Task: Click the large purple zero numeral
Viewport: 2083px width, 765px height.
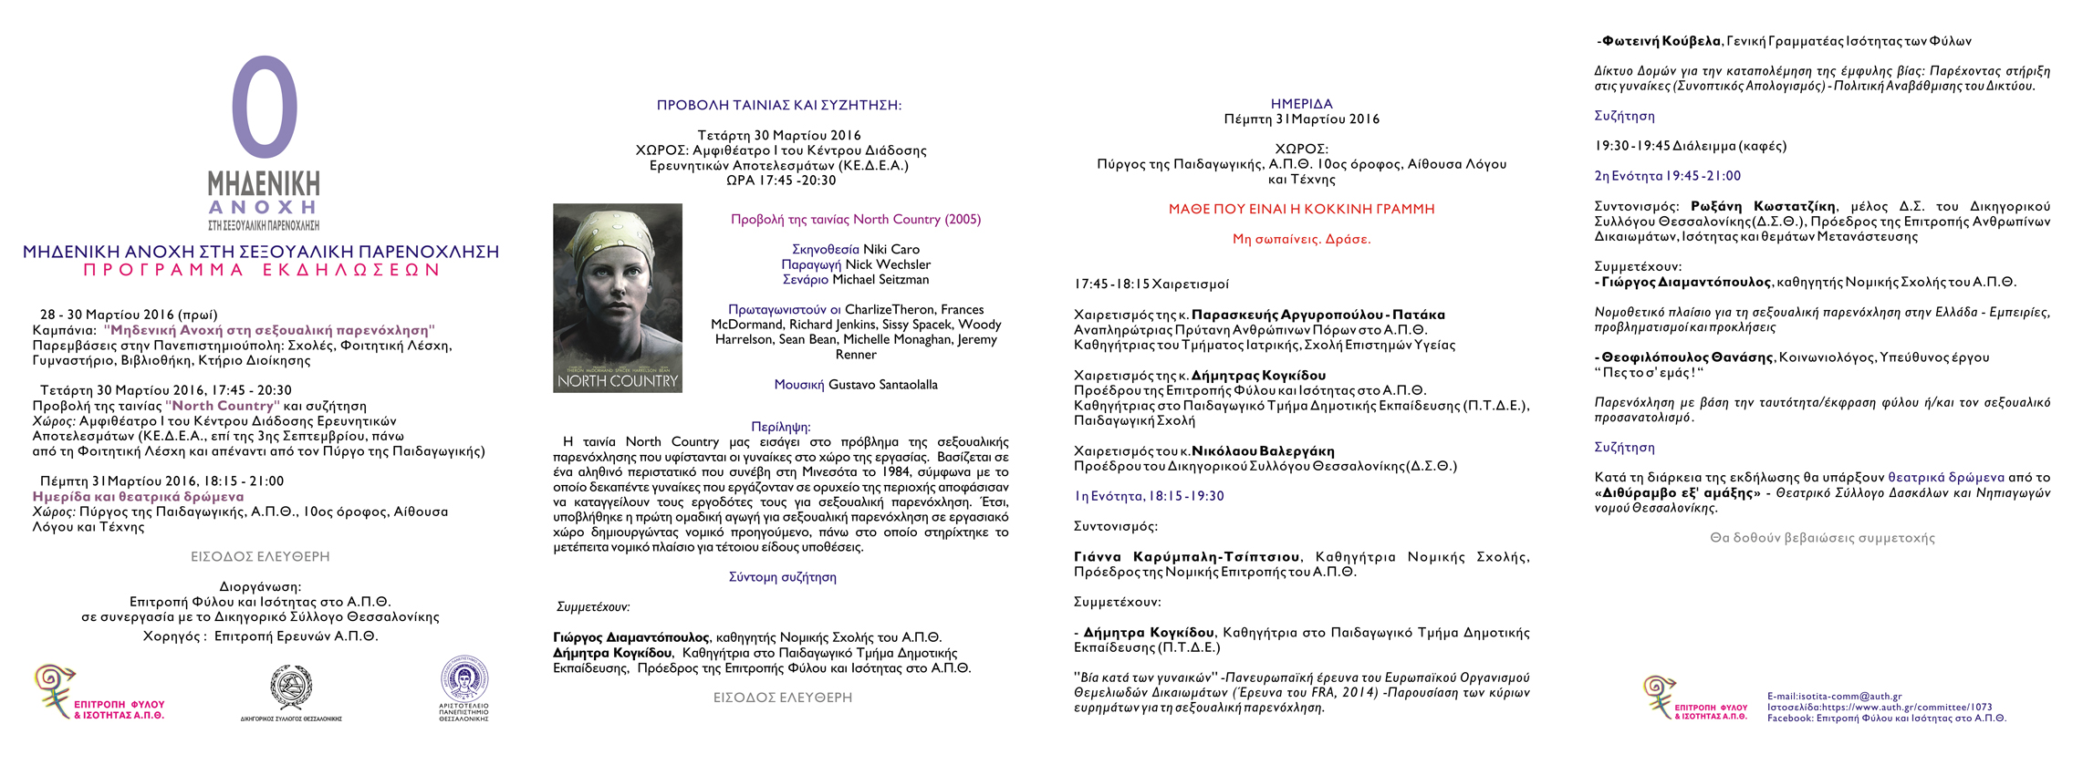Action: (264, 108)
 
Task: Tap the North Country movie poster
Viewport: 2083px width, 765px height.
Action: (618, 298)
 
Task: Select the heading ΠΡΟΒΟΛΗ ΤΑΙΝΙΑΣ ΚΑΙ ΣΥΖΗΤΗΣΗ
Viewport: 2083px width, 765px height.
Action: (778, 105)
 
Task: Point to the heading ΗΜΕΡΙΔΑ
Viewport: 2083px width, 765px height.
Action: (1301, 104)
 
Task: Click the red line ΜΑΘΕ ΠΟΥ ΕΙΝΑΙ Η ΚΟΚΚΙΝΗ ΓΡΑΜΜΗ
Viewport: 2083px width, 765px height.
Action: (1301, 209)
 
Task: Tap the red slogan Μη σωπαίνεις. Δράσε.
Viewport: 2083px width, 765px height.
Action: (1301, 239)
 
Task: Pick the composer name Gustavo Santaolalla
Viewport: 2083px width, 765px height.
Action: (882, 385)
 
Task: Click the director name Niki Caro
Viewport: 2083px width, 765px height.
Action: (891, 249)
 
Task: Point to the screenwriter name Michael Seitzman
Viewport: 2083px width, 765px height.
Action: (880, 279)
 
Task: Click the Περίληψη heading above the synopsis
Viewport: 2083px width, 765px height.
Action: (780, 427)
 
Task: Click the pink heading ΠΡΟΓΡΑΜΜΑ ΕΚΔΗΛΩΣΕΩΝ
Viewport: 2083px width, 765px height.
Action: (262, 270)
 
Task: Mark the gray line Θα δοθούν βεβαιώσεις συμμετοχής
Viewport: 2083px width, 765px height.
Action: (1822, 538)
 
